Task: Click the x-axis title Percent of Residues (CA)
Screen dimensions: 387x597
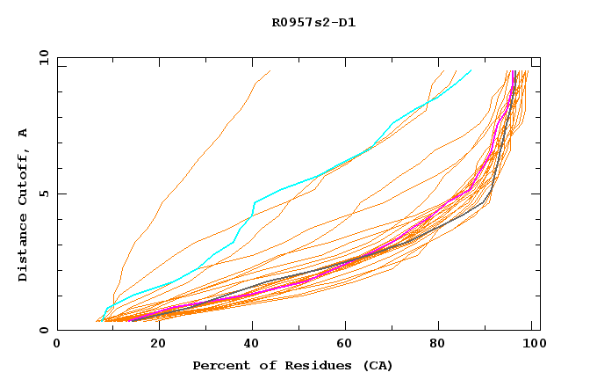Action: tap(292, 365)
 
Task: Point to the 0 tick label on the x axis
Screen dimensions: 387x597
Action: tap(57, 346)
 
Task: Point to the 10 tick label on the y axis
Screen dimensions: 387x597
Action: tap(42, 57)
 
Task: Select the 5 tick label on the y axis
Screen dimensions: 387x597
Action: tap(46, 193)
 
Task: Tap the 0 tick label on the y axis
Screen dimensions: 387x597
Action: tap(46, 330)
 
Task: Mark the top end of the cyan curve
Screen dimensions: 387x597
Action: tap(471, 70)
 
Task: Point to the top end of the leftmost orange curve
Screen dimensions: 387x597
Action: tap(270, 70)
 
